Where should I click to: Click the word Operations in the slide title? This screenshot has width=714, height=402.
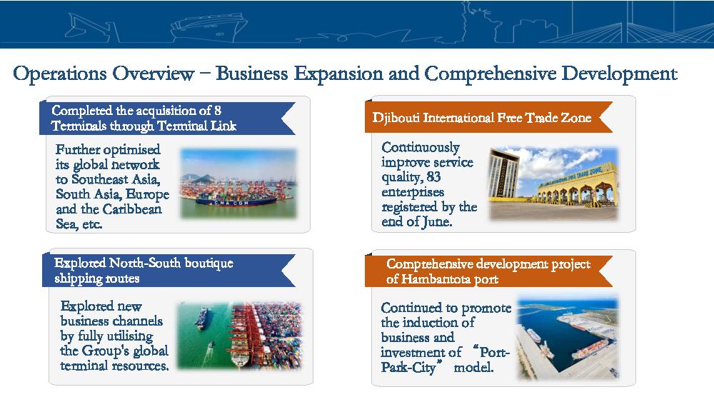(x=60, y=74)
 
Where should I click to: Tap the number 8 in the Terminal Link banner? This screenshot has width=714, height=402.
(x=218, y=110)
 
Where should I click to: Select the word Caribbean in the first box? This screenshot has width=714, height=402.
(x=132, y=209)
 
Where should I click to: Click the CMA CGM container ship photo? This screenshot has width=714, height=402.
(x=238, y=183)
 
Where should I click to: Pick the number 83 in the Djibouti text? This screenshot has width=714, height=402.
(x=433, y=176)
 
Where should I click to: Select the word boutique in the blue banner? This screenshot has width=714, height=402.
(x=208, y=263)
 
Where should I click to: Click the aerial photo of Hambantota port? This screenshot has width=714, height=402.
(x=568, y=338)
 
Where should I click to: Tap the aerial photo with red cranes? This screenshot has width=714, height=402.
(x=239, y=336)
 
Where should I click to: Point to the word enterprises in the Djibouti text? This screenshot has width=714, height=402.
(x=413, y=193)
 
